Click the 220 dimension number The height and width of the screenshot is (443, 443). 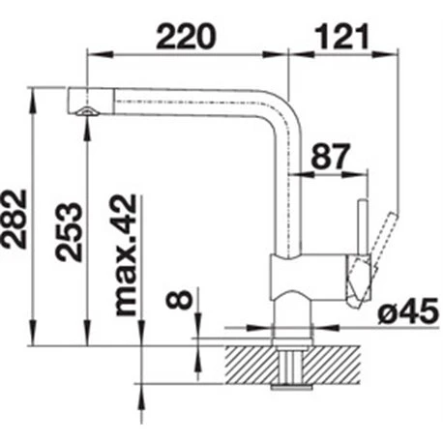point(185,37)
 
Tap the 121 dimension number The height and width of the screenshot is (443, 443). point(341,37)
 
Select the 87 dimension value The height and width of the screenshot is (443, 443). point(331,156)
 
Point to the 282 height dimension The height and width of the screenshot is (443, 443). point(14,220)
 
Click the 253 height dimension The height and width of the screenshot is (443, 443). point(68,231)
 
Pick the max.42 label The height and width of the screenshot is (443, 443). point(126,255)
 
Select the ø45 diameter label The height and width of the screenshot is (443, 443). point(408,311)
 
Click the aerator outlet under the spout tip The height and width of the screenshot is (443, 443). point(87,111)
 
